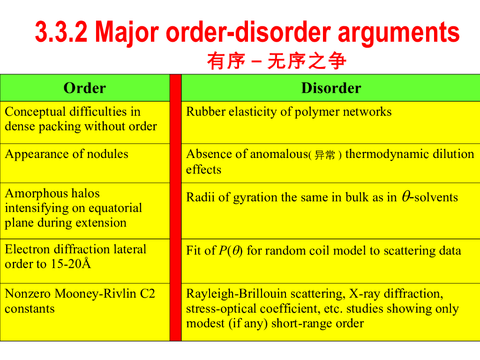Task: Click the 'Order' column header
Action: click(x=85, y=88)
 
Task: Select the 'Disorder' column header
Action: click(x=331, y=88)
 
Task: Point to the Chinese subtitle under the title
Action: click(x=277, y=61)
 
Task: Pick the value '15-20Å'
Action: click(x=70, y=264)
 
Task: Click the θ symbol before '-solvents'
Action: click(x=405, y=197)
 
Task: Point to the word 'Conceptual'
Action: click(x=35, y=112)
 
